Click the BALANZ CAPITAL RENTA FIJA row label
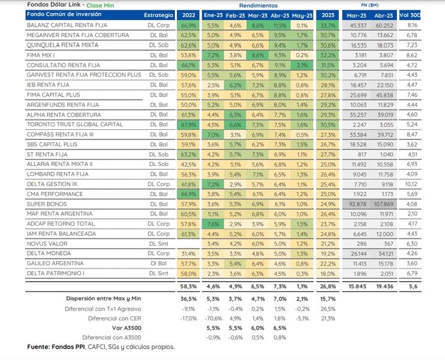click(x=67, y=25)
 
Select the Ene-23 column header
click(x=213, y=15)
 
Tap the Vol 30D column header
click(x=410, y=15)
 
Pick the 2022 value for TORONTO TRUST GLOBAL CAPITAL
click(x=188, y=125)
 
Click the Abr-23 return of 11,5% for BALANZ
click(x=280, y=26)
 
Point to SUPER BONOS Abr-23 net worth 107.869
click(x=383, y=204)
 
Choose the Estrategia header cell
click(x=158, y=15)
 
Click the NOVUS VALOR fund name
click(x=47, y=244)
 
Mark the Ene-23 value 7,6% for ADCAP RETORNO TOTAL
click(x=213, y=224)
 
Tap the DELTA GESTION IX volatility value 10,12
click(x=411, y=184)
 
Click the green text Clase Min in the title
click(x=100, y=5)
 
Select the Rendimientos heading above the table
click(x=258, y=5)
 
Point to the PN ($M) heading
click(x=369, y=5)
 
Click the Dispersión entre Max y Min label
click(x=104, y=298)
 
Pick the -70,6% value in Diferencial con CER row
click(x=213, y=319)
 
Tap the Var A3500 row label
click(x=127, y=328)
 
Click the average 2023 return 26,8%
click(x=328, y=286)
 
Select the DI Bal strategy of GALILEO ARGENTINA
click(x=158, y=264)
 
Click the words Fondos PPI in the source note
click(x=68, y=347)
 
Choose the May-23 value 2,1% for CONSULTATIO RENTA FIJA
click(x=302, y=65)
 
